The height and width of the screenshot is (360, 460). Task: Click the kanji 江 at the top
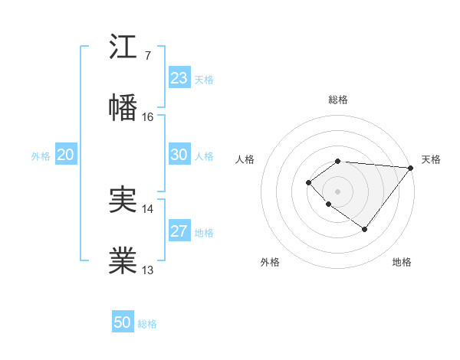coord(123,47)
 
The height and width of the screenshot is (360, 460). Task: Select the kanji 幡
coord(123,108)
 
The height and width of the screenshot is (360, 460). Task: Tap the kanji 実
coord(123,199)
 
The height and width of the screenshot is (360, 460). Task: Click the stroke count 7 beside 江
coord(147,55)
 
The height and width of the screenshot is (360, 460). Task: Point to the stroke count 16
coord(148,116)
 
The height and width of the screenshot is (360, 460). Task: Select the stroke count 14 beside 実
coord(148,208)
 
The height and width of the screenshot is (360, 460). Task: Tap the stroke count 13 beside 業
coord(148,270)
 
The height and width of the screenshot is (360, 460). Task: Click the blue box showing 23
coord(179,78)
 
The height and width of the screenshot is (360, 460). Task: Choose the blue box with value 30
coord(179,155)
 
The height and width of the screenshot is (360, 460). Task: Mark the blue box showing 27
coord(179,231)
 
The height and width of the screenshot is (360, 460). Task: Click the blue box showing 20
coord(66,155)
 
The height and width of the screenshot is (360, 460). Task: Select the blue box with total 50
coord(123,322)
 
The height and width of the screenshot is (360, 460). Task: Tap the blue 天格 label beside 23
coord(204,80)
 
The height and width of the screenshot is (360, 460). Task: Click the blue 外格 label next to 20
coord(41,156)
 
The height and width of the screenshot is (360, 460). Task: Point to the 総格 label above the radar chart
coord(338,100)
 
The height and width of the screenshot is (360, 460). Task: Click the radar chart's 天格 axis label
coord(431,159)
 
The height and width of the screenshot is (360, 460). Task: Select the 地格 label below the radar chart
coord(402,262)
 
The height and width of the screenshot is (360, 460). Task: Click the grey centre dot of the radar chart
coord(338,191)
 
